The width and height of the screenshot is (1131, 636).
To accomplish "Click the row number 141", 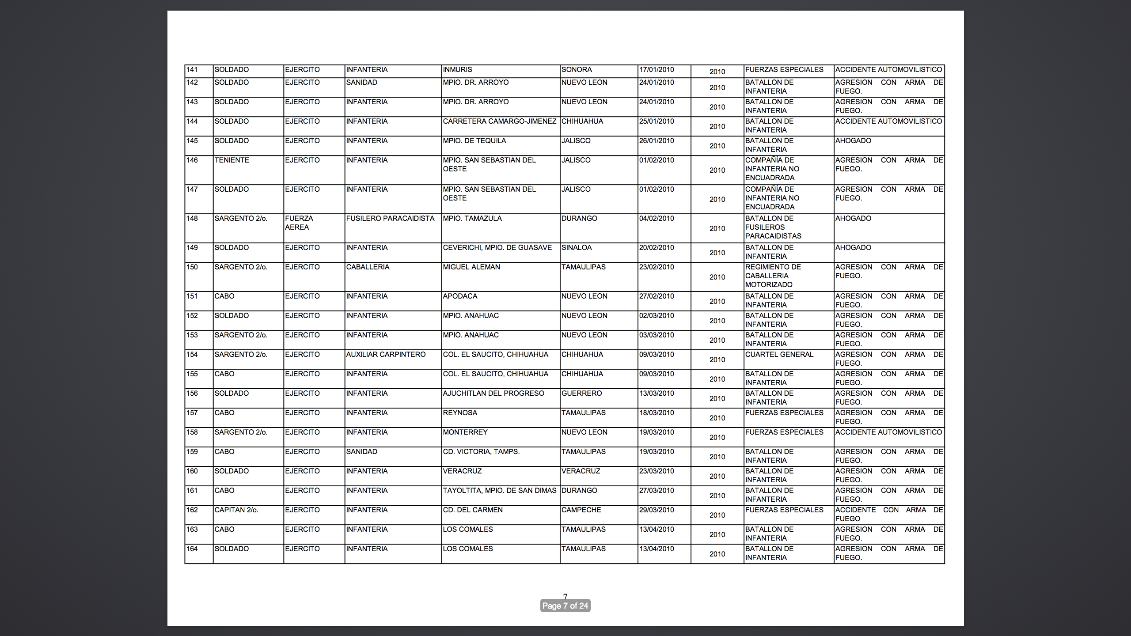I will (x=192, y=70).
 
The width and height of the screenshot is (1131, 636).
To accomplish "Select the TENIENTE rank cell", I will (x=232, y=160).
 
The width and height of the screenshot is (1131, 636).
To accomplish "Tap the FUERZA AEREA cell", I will (x=299, y=223).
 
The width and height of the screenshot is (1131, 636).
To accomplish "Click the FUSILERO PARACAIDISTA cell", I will (x=390, y=219).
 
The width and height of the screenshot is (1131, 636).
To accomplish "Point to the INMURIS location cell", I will (x=457, y=70).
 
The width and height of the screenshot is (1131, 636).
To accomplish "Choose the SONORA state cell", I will (x=577, y=70).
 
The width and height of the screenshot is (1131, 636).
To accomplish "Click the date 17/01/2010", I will (x=657, y=70).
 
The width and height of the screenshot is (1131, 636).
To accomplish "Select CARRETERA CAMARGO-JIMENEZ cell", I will (x=499, y=121).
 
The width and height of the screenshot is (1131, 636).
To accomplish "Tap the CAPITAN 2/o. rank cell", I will (x=236, y=510).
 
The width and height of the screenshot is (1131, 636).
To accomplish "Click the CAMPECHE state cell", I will (x=581, y=510).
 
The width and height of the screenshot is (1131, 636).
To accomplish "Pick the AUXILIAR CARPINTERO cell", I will (x=386, y=355).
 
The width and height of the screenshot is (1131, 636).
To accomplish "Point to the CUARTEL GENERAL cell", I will (x=779, y=355).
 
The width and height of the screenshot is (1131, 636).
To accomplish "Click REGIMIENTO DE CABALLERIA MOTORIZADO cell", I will (x=773, y=276).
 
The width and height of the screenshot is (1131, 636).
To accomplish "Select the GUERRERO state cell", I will (x=581, y=394).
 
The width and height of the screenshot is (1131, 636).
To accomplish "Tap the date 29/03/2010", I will (x=657, y=510).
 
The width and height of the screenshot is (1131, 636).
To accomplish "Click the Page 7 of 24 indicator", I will (x=565, y=606).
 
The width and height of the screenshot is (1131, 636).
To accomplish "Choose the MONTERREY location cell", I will (x=465, y=432).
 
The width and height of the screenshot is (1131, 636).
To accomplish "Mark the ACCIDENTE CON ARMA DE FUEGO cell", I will (x=888, y=514).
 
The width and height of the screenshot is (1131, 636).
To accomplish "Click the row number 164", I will (x=192, y=549).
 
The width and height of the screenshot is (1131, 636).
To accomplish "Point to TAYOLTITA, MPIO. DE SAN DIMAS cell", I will (x=499, y=491).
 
